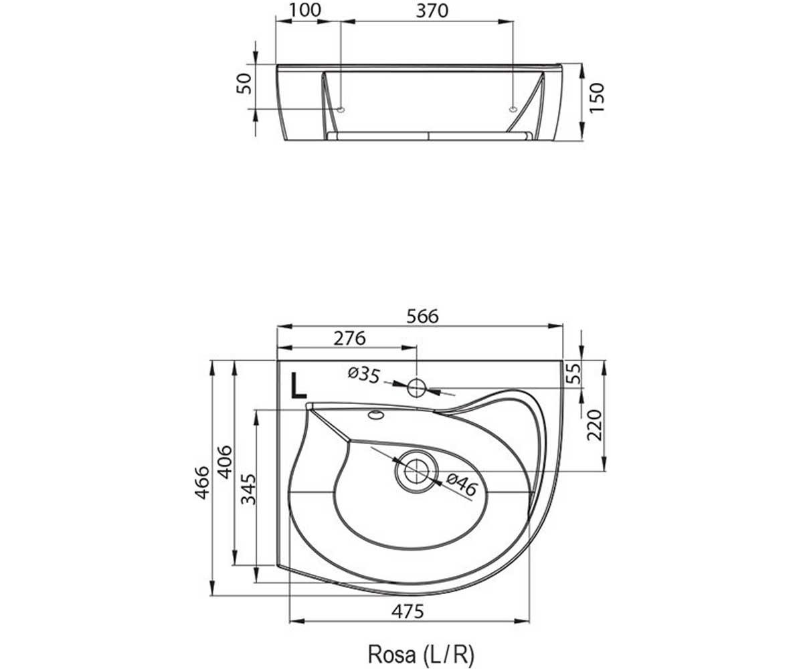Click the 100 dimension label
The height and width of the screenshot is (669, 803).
(305, 10)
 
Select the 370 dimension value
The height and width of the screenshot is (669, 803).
(432, 11)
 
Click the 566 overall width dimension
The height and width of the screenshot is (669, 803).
(423, 316)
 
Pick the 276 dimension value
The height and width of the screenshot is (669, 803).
(349, 339)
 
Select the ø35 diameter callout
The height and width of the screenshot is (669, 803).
(364, 375)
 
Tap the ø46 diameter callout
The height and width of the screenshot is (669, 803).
(462, 484)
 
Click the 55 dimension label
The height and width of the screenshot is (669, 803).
(573, 373)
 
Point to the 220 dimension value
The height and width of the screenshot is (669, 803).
(595, 425)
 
